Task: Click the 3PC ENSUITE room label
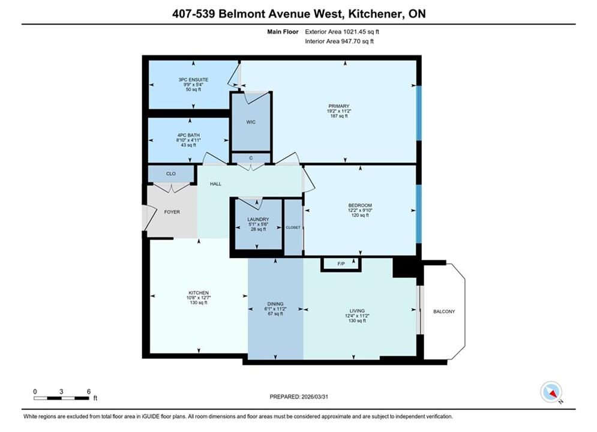(193, 80)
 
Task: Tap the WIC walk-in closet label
(251, 122)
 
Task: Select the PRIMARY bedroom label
(339, 106)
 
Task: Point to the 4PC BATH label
(188, 135)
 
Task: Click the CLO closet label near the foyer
(171, 173)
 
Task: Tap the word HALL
(215, 184)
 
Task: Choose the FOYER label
(172, 212)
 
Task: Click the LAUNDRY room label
(258, 219)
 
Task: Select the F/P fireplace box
(341, 264)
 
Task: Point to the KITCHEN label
(199, 293)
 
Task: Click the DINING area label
(275, 304)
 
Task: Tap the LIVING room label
(357, 311)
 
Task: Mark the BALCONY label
(444, 311)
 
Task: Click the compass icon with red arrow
(551, 392)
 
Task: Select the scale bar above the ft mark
(61, 398)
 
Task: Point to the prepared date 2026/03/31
(314, 397)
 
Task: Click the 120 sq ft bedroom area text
(360, 215)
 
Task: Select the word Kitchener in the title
(376, 14)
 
